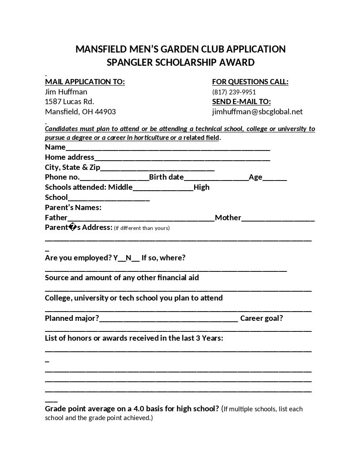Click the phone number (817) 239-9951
point(234,92)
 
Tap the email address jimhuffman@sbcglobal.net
point(257,112)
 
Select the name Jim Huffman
point(66,92)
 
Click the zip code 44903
point(105,112)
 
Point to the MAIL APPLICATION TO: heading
point(85,82)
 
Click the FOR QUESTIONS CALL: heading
point(250,82)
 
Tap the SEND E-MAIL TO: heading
point(241,101)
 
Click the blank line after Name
point(168,148)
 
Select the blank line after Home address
point(182,158)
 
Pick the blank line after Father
point(141,218)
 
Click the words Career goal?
point(262,318)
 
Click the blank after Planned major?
point(169,319)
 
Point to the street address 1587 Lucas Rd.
point(69,101)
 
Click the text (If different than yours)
point(142,228)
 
